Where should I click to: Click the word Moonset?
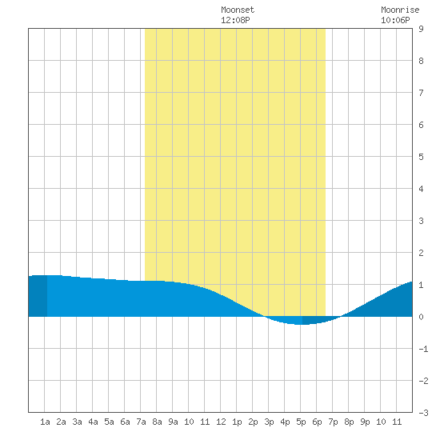[238, 10]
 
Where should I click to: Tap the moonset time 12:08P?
[235, 20]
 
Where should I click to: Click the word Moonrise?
[400, 10]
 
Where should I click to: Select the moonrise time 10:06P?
[395, 20]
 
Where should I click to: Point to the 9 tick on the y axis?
[421, 29]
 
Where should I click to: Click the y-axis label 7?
[421, 93]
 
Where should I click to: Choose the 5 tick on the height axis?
[421, 157]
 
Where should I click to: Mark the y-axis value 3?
[421, 221]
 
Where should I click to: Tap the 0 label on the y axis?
[421, 317]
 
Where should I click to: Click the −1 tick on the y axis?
[423, 349]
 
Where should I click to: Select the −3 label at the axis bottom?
[423, 413]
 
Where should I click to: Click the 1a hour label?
[45, 422]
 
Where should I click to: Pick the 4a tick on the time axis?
[93, 422]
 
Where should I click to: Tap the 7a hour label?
[141, 422]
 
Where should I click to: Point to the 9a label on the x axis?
[173, 422]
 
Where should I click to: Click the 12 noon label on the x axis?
[221, 422]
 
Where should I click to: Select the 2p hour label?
[253, 422]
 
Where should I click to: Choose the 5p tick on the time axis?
[301, 422]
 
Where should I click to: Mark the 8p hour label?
[349, 422]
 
